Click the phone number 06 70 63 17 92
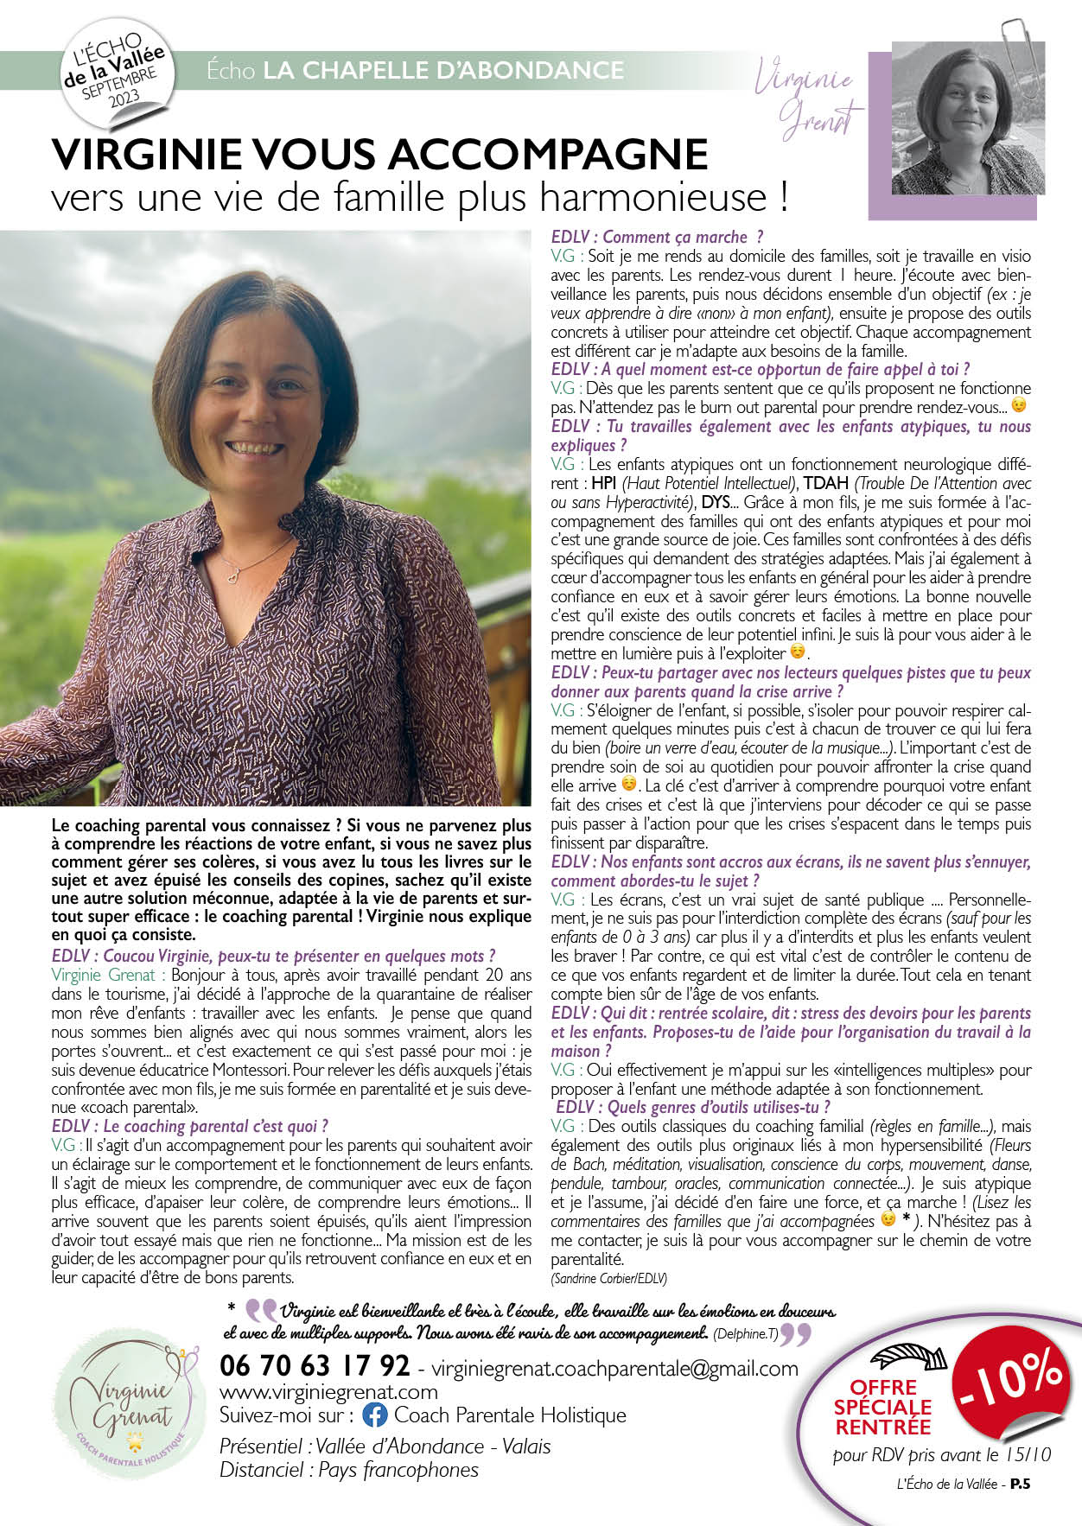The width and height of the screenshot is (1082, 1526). point(315,1366)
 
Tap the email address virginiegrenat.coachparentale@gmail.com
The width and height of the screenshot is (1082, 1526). point(614,1368)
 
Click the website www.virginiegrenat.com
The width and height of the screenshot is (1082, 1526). point(328,1391)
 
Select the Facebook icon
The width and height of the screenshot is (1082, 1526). point(374,1415)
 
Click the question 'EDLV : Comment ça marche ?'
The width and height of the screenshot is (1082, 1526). point(657,237)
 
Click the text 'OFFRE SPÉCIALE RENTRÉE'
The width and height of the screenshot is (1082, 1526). point(882,1407)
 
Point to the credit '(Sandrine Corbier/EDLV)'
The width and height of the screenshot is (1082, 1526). point(608,1278)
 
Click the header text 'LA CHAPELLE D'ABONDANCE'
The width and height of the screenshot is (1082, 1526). point(443,70)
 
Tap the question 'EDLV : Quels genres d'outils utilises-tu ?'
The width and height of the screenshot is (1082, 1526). point(692,1107)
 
